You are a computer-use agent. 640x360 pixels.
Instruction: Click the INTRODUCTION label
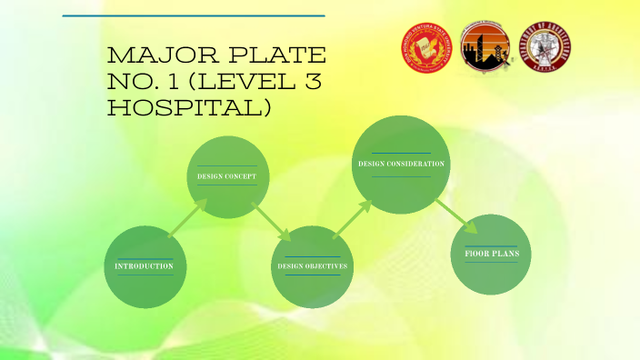coord(145,265)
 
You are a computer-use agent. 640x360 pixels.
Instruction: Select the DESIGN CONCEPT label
coord(226,175)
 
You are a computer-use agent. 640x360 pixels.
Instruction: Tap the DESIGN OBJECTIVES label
coord(313,265)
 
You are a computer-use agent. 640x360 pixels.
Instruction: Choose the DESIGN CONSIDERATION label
coord(401,164)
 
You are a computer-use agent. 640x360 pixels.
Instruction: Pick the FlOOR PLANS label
coord(491,253)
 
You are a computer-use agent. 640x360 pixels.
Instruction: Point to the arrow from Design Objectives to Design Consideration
coord(354,219)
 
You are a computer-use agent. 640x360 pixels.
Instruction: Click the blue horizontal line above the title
coord(194,15)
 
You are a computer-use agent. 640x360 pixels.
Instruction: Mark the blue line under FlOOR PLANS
coord(491,263)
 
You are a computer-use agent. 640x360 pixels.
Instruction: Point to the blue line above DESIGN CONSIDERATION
coord(401,154)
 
